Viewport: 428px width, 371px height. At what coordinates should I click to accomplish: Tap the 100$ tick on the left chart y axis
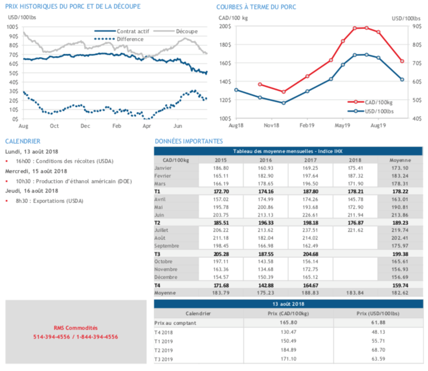pyautogui.click(x=15, y=27)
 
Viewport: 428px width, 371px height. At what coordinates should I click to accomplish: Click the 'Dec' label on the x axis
pyautogui.click(x=85, y=126)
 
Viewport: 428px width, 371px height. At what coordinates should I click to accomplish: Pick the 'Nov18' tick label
pyautogui.click(x=272, y=126)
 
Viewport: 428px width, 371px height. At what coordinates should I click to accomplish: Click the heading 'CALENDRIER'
pyautogui.click(x=22, y=142)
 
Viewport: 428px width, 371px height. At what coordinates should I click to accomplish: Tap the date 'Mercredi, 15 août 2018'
pyautogui.click(x=36, y=171)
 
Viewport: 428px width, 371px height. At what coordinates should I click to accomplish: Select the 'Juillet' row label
pyautogui.click(x=164, y=230)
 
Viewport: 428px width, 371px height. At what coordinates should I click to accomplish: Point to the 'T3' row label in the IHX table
pyautogui.click(x=158, y=253)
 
